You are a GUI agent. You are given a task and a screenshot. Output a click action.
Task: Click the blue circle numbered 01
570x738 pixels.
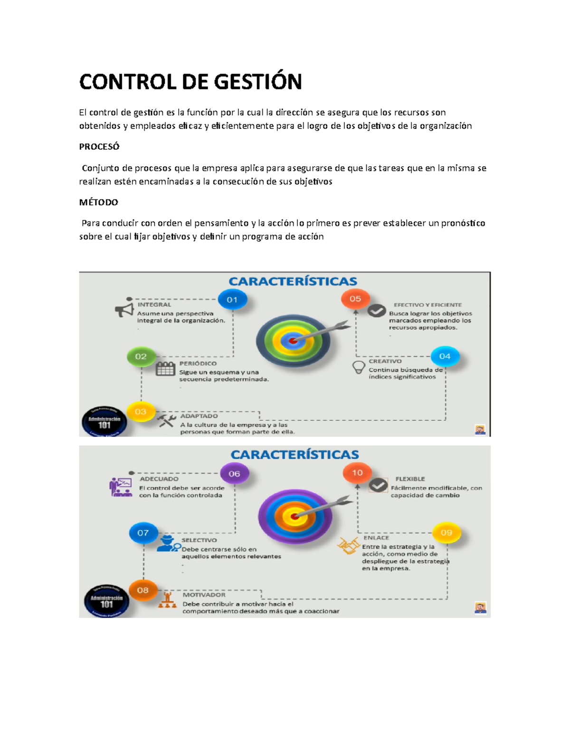[232, 300]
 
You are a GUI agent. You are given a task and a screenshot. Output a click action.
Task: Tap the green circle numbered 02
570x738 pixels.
[141, 356]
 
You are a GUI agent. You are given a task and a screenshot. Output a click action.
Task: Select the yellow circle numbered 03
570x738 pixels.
[141, 412]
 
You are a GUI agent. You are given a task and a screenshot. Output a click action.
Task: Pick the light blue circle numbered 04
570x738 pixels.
[445, 356]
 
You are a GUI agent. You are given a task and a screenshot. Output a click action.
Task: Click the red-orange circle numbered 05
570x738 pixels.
[355, 299]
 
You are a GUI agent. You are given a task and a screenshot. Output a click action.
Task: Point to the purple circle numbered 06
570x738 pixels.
[234, 474]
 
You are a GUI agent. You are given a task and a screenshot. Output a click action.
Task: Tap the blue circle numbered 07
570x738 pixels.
[143, 533]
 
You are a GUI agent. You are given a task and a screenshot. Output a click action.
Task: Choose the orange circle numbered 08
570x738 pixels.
[143, 590]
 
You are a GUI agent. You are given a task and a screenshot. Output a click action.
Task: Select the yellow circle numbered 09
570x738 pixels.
[446, 533]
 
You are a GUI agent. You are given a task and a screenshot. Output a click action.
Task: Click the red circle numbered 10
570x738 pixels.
[357, 473]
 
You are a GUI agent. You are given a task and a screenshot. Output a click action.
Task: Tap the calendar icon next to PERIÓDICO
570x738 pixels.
[165, 369]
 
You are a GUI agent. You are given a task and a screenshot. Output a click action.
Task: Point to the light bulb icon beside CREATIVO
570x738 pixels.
[359, 367]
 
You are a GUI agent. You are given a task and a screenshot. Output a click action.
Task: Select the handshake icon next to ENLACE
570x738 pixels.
[348, 546]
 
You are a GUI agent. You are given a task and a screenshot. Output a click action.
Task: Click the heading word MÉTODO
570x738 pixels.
[98, 202]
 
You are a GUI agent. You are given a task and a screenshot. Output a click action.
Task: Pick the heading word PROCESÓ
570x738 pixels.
[99, 147]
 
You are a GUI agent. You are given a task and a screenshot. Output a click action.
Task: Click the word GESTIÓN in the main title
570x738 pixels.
[257, 82]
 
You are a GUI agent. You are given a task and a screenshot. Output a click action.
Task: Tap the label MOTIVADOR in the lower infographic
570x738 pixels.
[204, 595]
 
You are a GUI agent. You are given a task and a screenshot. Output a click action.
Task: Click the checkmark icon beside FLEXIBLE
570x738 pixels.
[379, 485]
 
